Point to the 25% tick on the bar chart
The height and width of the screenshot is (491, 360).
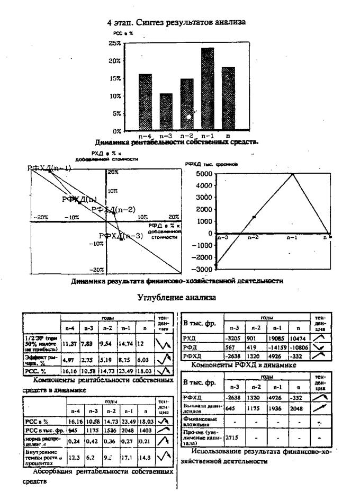coord(130,43)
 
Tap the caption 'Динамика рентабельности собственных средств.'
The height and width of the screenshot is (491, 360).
coord(177,142)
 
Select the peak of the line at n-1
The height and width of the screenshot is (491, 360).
coord(292,173)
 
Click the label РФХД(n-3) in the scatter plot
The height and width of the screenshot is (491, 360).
coord(121,236)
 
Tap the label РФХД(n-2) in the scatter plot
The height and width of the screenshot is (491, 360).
coord(113,209)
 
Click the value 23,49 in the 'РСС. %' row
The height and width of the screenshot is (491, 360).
coord(127,372)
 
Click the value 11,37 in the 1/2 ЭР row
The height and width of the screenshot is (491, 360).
coord(69,344)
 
